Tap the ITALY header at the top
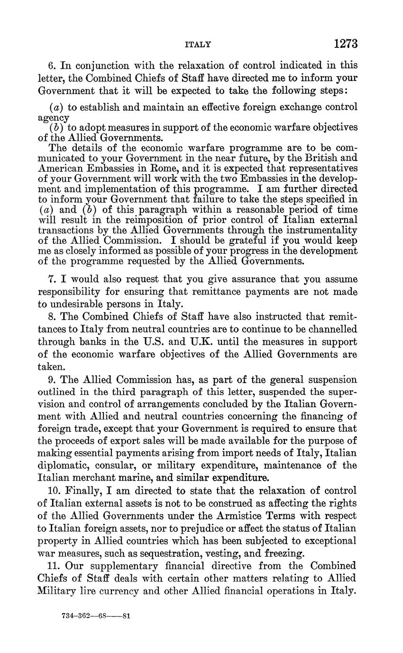point(197,45)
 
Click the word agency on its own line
point(54,117)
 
